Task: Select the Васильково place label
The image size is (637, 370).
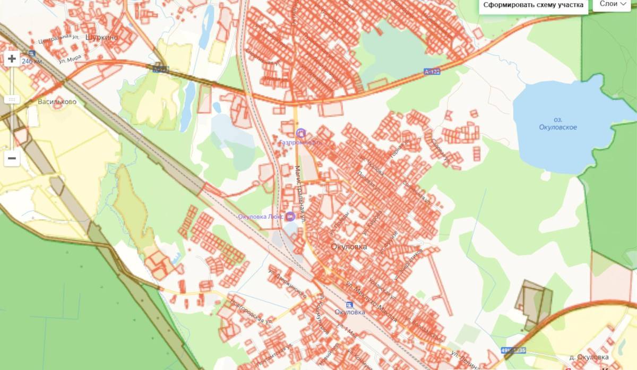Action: click(57, 101)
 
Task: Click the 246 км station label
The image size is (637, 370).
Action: click(32, 61)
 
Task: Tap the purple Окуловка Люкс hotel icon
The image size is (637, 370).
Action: click(290, 216)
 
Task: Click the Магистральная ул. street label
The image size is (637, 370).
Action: click(299, 196)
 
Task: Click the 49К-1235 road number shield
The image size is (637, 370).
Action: click(513, 350)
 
